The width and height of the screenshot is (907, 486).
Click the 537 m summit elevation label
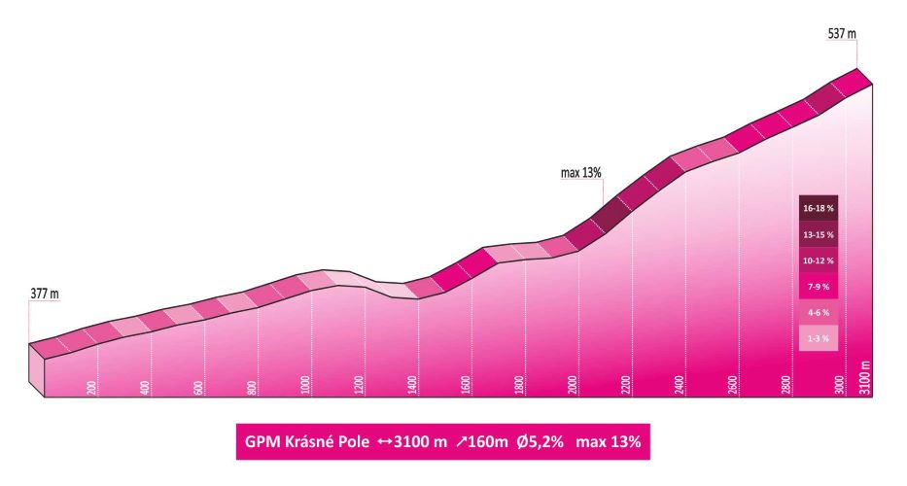tap(840, 34)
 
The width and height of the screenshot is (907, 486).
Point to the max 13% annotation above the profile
tap(581, 173)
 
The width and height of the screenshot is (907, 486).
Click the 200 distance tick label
tap(92, 387)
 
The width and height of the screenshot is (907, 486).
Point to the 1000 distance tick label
tap(306, 384)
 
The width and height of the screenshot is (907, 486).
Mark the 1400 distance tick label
tap(413, 384)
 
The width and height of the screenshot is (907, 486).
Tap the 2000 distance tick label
tap(574, 384)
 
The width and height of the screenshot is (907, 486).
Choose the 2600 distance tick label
tap(734, 384)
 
